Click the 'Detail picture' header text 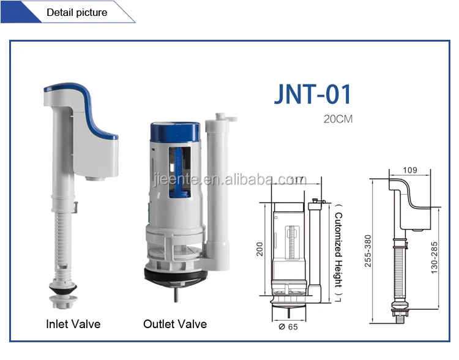pyautogui.click(x=76, y=12)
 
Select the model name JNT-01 pyautogui.click(x=312, y=96)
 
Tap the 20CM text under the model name pyautogui.click(x=338, y=119)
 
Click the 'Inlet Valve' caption pyautogui.click(x=73, y=324)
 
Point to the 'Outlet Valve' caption pyautogui.click(x=175, y=324)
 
